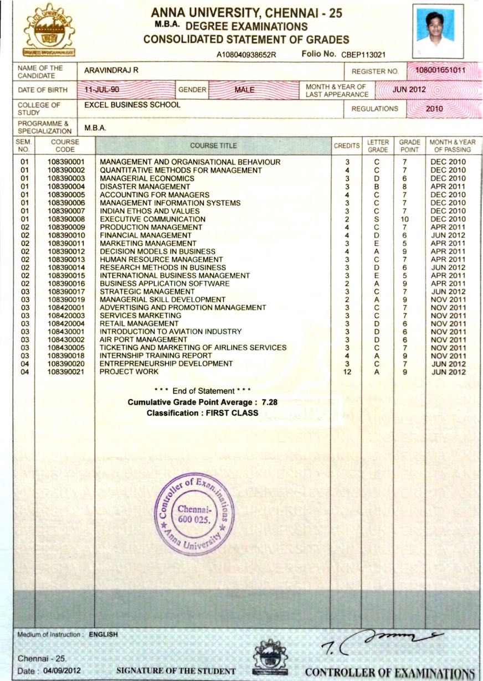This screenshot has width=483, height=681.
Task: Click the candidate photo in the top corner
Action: (438, 31)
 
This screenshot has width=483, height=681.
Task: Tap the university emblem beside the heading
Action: (49, 31)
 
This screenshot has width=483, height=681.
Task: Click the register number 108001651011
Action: (440, 71)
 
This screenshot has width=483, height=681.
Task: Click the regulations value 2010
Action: (434, 109)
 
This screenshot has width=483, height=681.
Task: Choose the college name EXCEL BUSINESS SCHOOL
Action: (132, 105)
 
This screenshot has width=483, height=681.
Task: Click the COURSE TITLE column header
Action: (213, 146)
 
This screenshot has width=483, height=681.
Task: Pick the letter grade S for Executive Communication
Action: (377, 219)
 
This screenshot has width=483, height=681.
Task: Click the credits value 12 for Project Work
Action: (347, 372)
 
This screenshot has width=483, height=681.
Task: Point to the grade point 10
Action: (405, 219)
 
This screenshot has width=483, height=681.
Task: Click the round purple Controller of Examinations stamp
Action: (194, 513)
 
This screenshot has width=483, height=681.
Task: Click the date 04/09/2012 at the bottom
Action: (62, 670)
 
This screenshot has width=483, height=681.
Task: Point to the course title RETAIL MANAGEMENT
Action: (139, 323)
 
